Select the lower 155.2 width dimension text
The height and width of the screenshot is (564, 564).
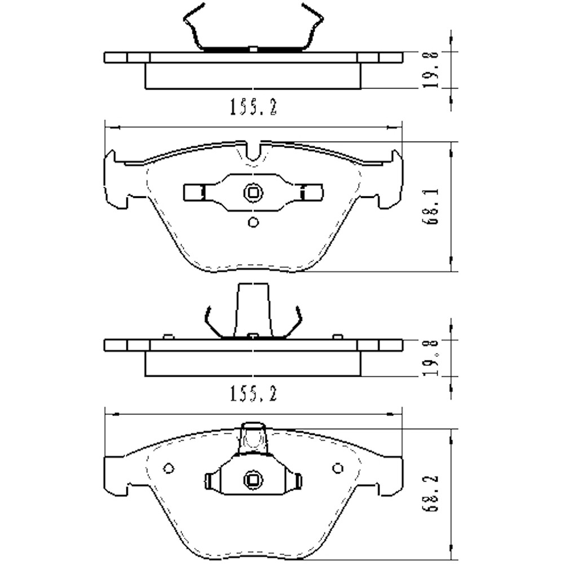[253, 394]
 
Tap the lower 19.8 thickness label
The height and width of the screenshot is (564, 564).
[431, 358]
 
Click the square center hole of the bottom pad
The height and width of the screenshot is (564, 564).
[253, 480]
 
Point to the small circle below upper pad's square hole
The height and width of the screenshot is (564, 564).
[253, 222]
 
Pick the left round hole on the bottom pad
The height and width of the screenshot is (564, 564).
[169, 468]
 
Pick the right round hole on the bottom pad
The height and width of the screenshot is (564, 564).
[338, 468]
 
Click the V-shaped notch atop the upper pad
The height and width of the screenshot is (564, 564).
[253, 151]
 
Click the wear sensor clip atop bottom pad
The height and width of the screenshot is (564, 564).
[253, 438]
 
